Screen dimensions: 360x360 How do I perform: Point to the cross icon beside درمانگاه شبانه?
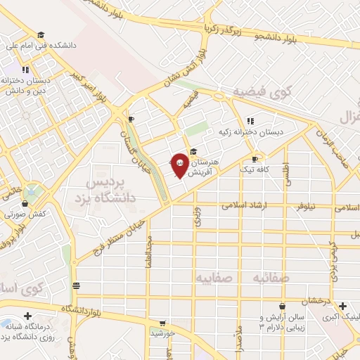click(27, 316)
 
